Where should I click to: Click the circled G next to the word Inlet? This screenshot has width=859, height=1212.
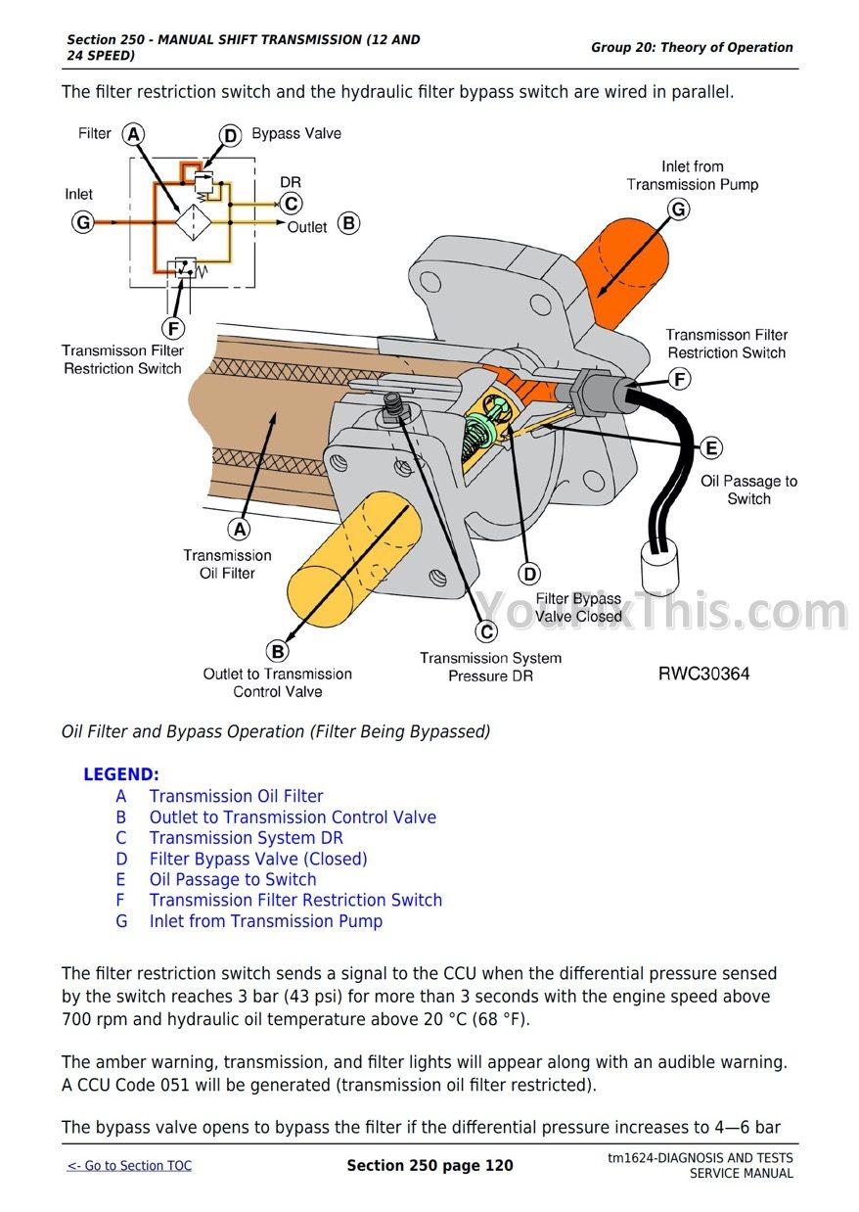click(83, 223)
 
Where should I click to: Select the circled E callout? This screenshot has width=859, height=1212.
click(711, 447)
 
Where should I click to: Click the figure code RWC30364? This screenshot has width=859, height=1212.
click(703, 674)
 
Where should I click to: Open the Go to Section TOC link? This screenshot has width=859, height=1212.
click(129, 1165)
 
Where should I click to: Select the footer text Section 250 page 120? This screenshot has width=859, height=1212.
click(429, 1165)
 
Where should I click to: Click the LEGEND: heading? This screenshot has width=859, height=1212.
click(120, 774)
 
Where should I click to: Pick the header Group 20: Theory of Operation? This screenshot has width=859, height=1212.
click(692, 47)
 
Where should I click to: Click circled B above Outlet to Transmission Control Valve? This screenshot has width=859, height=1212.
click(277, 651)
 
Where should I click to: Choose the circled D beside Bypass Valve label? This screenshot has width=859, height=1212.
click(230, 135)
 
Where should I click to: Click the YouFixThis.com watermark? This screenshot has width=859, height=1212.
click(661, 612)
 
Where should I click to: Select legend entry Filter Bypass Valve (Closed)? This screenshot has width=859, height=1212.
click(258, 859)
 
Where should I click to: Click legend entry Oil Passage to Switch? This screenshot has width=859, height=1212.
click(233, 879)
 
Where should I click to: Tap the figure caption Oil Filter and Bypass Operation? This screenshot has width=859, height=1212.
click(276, 731)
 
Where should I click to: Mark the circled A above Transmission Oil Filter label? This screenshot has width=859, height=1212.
click(238, 530)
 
